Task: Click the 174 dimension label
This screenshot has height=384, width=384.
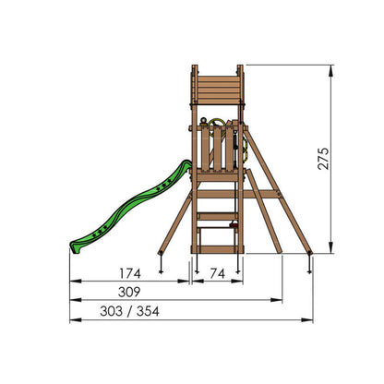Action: tap(130, 273)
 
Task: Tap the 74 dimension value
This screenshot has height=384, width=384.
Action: tap(218, 273)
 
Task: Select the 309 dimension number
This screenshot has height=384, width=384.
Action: tap(129, 292)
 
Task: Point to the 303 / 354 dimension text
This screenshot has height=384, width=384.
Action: tap(129, 311)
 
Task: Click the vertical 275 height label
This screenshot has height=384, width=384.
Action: tap(323, 159)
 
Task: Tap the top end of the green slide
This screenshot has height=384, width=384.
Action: tap(187, 163)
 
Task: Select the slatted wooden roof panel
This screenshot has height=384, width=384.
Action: tap(218, 90)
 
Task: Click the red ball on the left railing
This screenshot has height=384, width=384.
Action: tap(203, 121)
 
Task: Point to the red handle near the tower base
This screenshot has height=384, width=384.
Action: tap(234, 226)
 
